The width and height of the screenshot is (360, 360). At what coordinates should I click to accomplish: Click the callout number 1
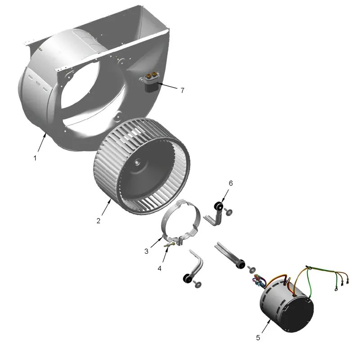[x=35, y=158]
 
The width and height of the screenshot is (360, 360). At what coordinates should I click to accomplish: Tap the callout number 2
[x=99, y=221]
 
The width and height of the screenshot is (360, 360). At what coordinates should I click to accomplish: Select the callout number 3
[x=146, y=252]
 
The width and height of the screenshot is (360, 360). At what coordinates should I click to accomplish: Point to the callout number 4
[x=160, y=268]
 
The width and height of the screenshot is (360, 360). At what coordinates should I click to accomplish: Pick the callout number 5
[x=258, y=338]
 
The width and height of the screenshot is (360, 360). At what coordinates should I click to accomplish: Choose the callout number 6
[x=231, y=183]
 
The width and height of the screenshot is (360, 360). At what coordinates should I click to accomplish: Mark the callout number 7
[x=183, y=90]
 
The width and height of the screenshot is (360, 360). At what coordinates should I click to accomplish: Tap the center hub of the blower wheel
[x=137, y=162]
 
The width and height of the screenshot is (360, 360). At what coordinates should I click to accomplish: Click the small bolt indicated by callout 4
[x=170, y=245]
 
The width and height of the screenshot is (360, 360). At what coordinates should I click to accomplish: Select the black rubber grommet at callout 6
[x=218, y=207]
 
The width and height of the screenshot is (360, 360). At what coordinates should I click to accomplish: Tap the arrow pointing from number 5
[x=266, y=326]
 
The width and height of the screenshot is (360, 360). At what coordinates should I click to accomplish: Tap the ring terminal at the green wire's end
[x=336, y=289]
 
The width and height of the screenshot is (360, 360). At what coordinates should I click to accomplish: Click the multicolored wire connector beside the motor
[x=259, y=280]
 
